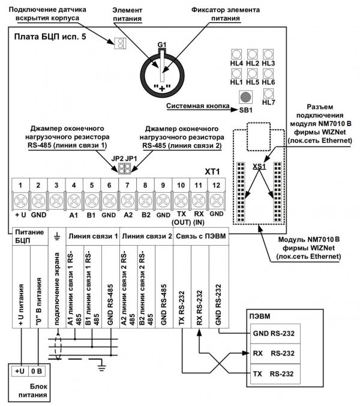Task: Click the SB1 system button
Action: click(x=245, y=97)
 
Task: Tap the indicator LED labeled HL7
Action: click(x=268, y=93)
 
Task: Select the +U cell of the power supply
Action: click(x=19, y=371)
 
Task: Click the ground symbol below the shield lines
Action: click(x=102, y=366)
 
